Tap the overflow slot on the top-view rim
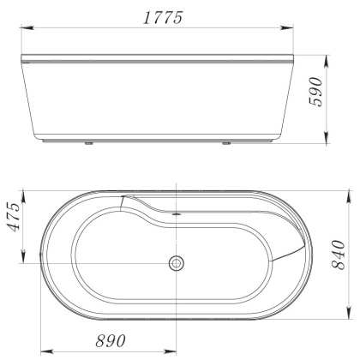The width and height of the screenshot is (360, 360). (176, 213)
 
